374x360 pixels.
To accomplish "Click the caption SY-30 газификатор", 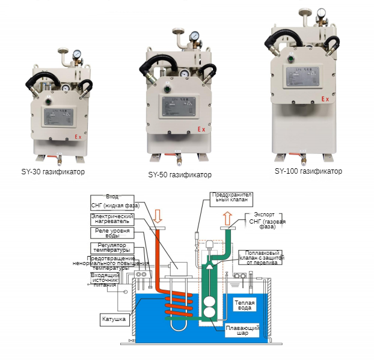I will click(x=53, y=172).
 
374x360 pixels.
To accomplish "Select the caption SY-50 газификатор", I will click(x=180, y=175).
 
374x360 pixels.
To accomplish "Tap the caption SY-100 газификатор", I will click(x=308, y=171).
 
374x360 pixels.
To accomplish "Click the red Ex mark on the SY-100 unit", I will click(x=325, y=99).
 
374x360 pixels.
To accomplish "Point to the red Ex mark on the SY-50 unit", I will click(x=202, y=129).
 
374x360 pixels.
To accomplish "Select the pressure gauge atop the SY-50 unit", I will click(x=195, y=37).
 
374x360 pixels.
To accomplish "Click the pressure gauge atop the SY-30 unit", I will click(x=78, y=55).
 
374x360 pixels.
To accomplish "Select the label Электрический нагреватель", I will click(x=112, y=219).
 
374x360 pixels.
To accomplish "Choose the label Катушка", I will click(x=114, y=319).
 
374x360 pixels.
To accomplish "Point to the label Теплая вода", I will click(x=245, y=305).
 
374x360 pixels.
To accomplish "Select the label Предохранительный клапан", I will click(x=232, y=199).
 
